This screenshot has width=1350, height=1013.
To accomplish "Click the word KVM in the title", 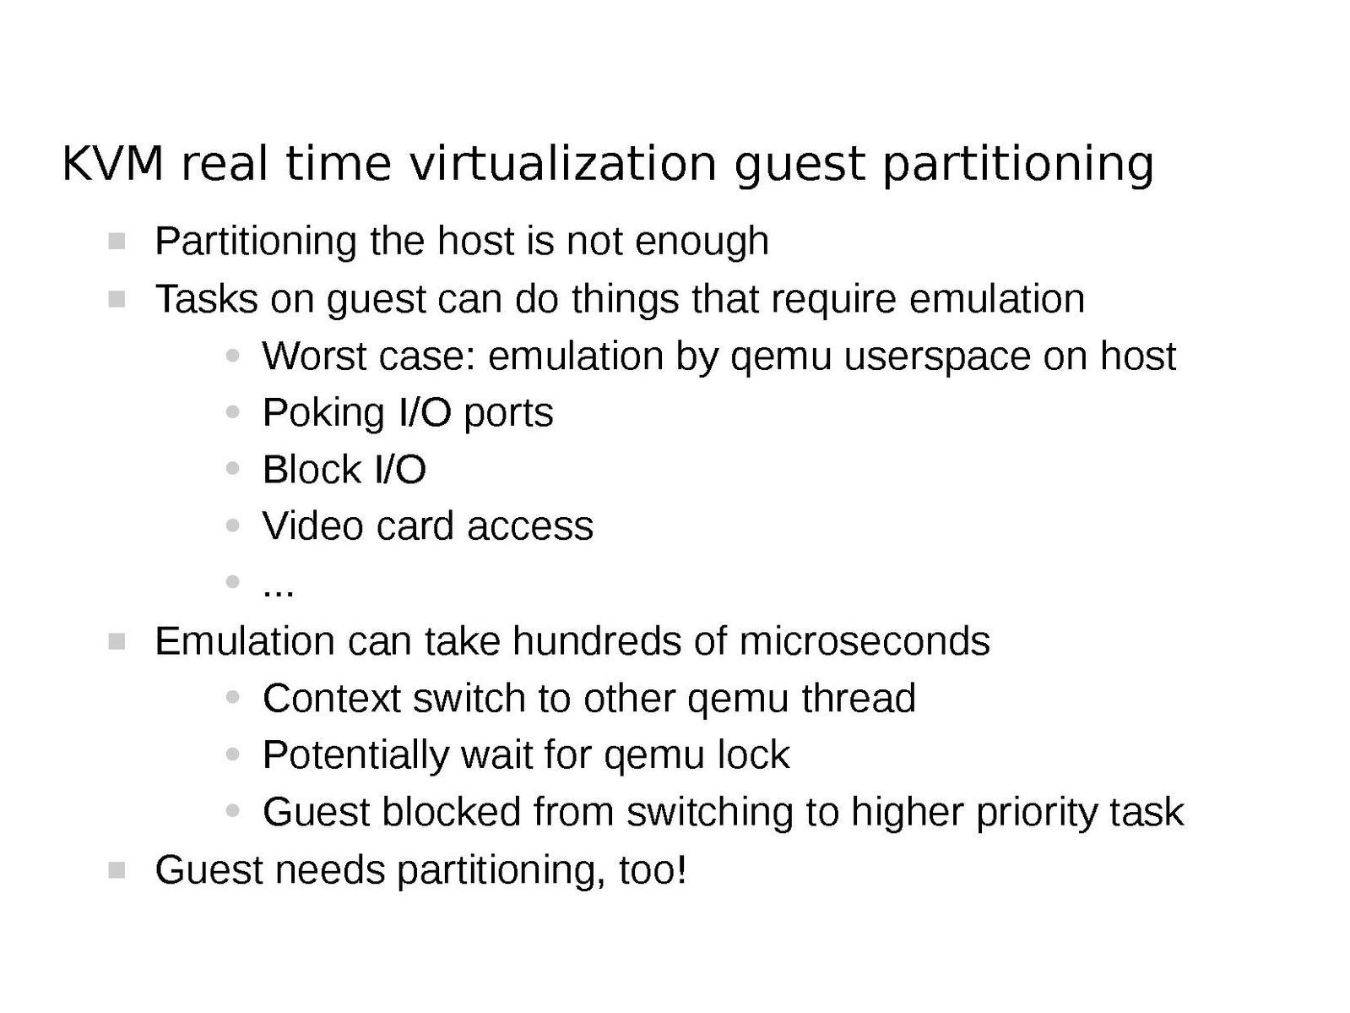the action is click(x=113, y=164).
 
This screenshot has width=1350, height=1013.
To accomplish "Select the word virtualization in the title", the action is click(x=563, y=164).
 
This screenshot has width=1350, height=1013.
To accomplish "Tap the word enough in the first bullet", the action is click(x=702, y=242).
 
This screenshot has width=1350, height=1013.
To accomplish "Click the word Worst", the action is click(x=314, y=356).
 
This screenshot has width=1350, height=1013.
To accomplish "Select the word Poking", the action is click(x=323, y=414).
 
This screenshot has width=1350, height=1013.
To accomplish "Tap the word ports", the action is click(x=508, y=414).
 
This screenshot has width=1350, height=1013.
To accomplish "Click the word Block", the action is click(x=312, y=470).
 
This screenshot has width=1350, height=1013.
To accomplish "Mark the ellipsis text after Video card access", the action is click(x=278, y=592).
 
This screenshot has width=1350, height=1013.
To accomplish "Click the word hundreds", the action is click(x=597, y=640).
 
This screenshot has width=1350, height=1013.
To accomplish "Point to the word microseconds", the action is click(x=865, y=640).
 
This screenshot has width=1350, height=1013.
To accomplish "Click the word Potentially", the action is click(x=355, y=756).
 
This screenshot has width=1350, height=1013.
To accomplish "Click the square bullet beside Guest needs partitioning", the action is click(x=117, y=869).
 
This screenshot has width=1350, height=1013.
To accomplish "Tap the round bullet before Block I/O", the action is click(x=232, y=469).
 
